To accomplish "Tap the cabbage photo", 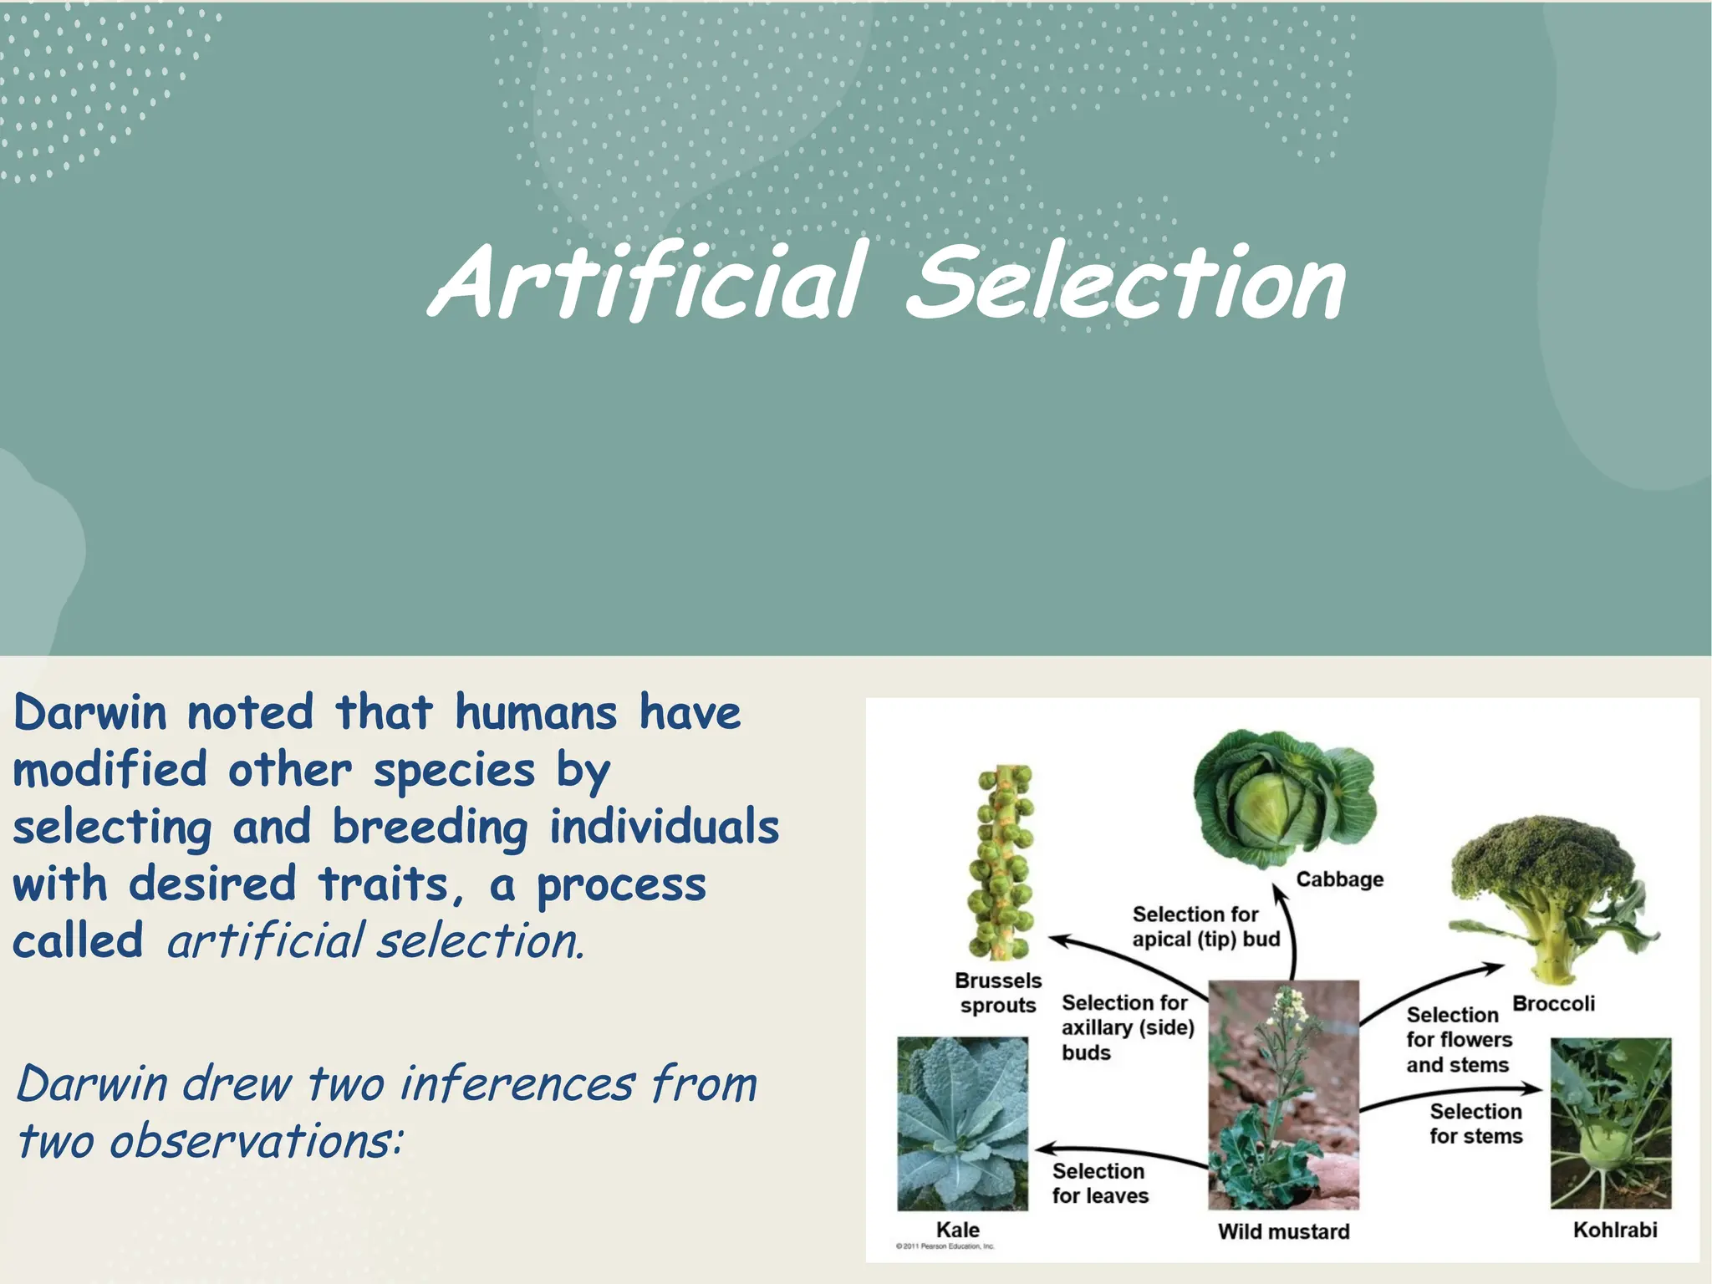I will tap(1282, 799).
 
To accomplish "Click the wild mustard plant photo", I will tap(1283, 1095).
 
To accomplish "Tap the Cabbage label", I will tap(1339, 879).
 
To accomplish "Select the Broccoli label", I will tap(1553, 1003).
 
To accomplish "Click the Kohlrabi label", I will tap(1614, 1230).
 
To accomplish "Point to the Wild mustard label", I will tap(1283, 1231).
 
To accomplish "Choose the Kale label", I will tap(957, 1230).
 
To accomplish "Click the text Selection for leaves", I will tap(1100, 1184).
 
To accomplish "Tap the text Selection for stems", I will tap(1475, 1123).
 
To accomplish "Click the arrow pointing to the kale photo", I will tap(1120, 1153).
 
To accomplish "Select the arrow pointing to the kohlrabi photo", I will tap(1450, 1093).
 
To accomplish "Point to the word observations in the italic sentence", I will tap(255, 1141).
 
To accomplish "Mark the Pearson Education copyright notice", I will tap(945, 1246).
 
